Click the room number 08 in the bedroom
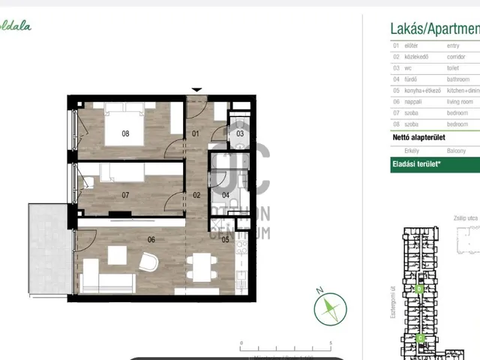[125, 136]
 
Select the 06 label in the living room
[151, 240]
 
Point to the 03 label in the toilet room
[239, 133]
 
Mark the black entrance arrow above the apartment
[196, 90]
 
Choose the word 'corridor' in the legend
[458, 57]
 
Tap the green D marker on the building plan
[420, 288]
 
